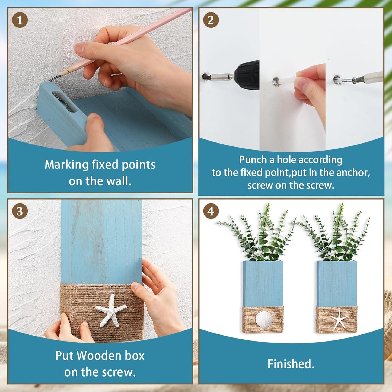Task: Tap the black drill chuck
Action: click(247, 75)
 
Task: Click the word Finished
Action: click(291, 364)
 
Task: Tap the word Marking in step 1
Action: click(66, 165)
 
